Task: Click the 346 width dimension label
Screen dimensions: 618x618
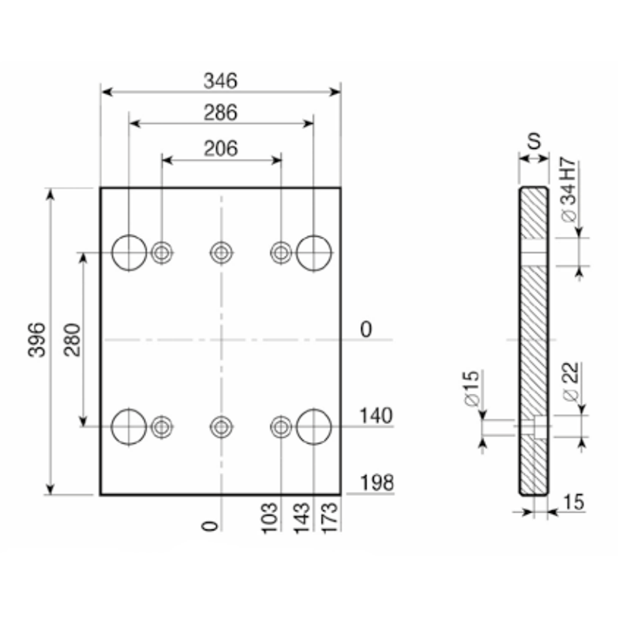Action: [x=221, y=81]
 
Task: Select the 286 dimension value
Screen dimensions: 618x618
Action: [x=221, y=113]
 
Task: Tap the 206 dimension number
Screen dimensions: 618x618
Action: [x=221, y=149]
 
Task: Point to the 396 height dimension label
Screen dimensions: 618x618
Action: [x=36, y=340]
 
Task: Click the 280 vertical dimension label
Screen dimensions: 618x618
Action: [x=72, y=340]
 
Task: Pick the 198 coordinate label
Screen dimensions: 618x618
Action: [x=377, y=483]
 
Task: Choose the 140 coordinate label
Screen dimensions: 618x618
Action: [x=376, y=416]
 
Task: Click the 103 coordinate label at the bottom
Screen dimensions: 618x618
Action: [x=270, y=518]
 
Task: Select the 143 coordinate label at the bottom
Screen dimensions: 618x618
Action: [x=302, y=518]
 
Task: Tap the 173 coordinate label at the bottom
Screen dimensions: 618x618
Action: [x=331, y=518]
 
